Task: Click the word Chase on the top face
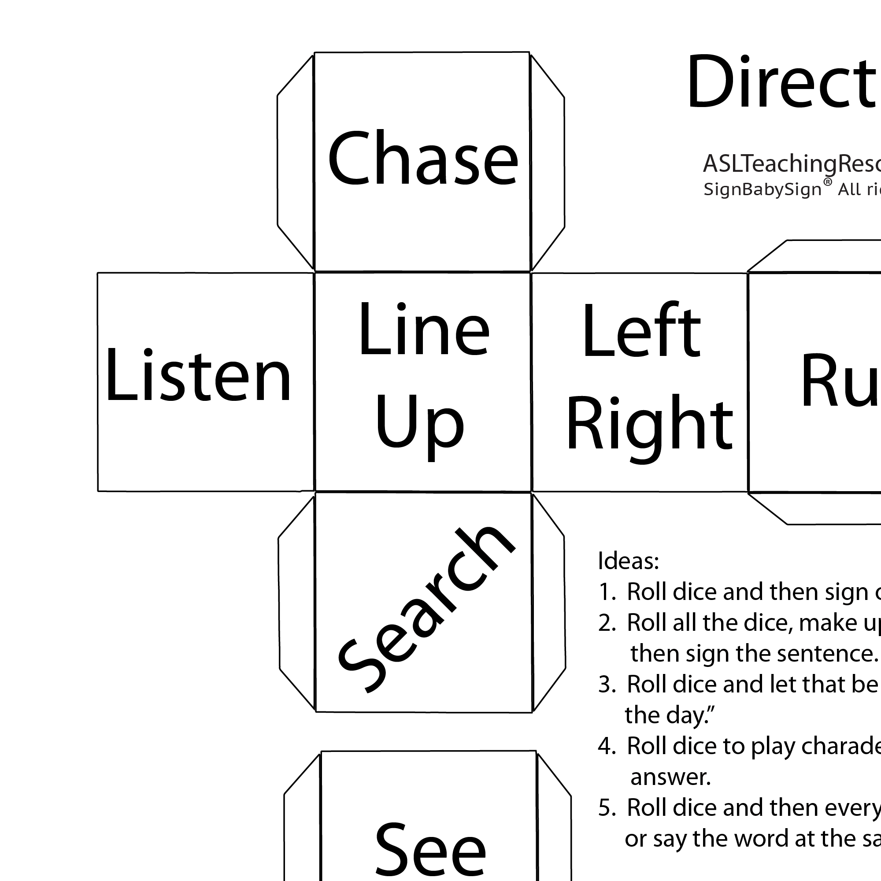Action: pyautogui.click(x=423, y=159)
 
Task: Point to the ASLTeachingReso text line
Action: pyautogui.click(x=791, y=164)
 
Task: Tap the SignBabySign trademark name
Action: pyautogui.click(x=762, y=189)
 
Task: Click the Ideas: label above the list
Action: pyautogui.click(x=628, y=560)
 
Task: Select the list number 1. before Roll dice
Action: pyautogui.click(x=607, y=592)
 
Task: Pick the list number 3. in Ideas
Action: pyautogui.click(x=607, y=684)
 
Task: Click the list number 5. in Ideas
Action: pyautogui.click(x=607, y=807)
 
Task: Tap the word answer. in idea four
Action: pyautogui.click(x=670, y=777)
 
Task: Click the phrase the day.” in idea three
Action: pyautogui.click(x=669, y=715)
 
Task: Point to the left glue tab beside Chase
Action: pyautogui.click(x=296, y=162)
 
